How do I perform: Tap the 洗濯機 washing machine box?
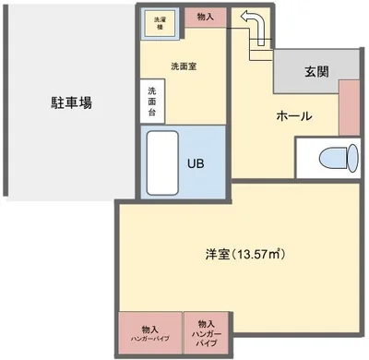click(x=161, y=25)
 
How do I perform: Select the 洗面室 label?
click(x=184, y=66)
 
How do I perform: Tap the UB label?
click(x=196, y=163)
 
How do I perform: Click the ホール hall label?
click(x=293, y=117)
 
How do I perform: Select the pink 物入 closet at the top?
click(x=205, y=17)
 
